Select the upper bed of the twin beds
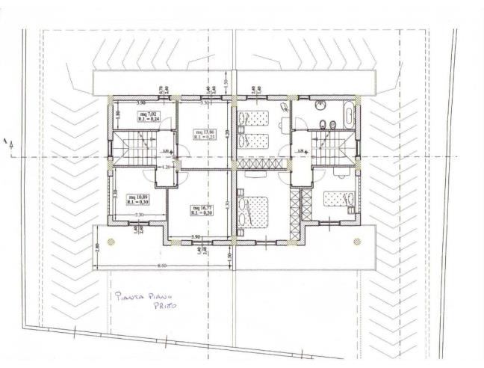(252, 118)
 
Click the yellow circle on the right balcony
(357, 241)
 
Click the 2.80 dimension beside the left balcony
(96, 247)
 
